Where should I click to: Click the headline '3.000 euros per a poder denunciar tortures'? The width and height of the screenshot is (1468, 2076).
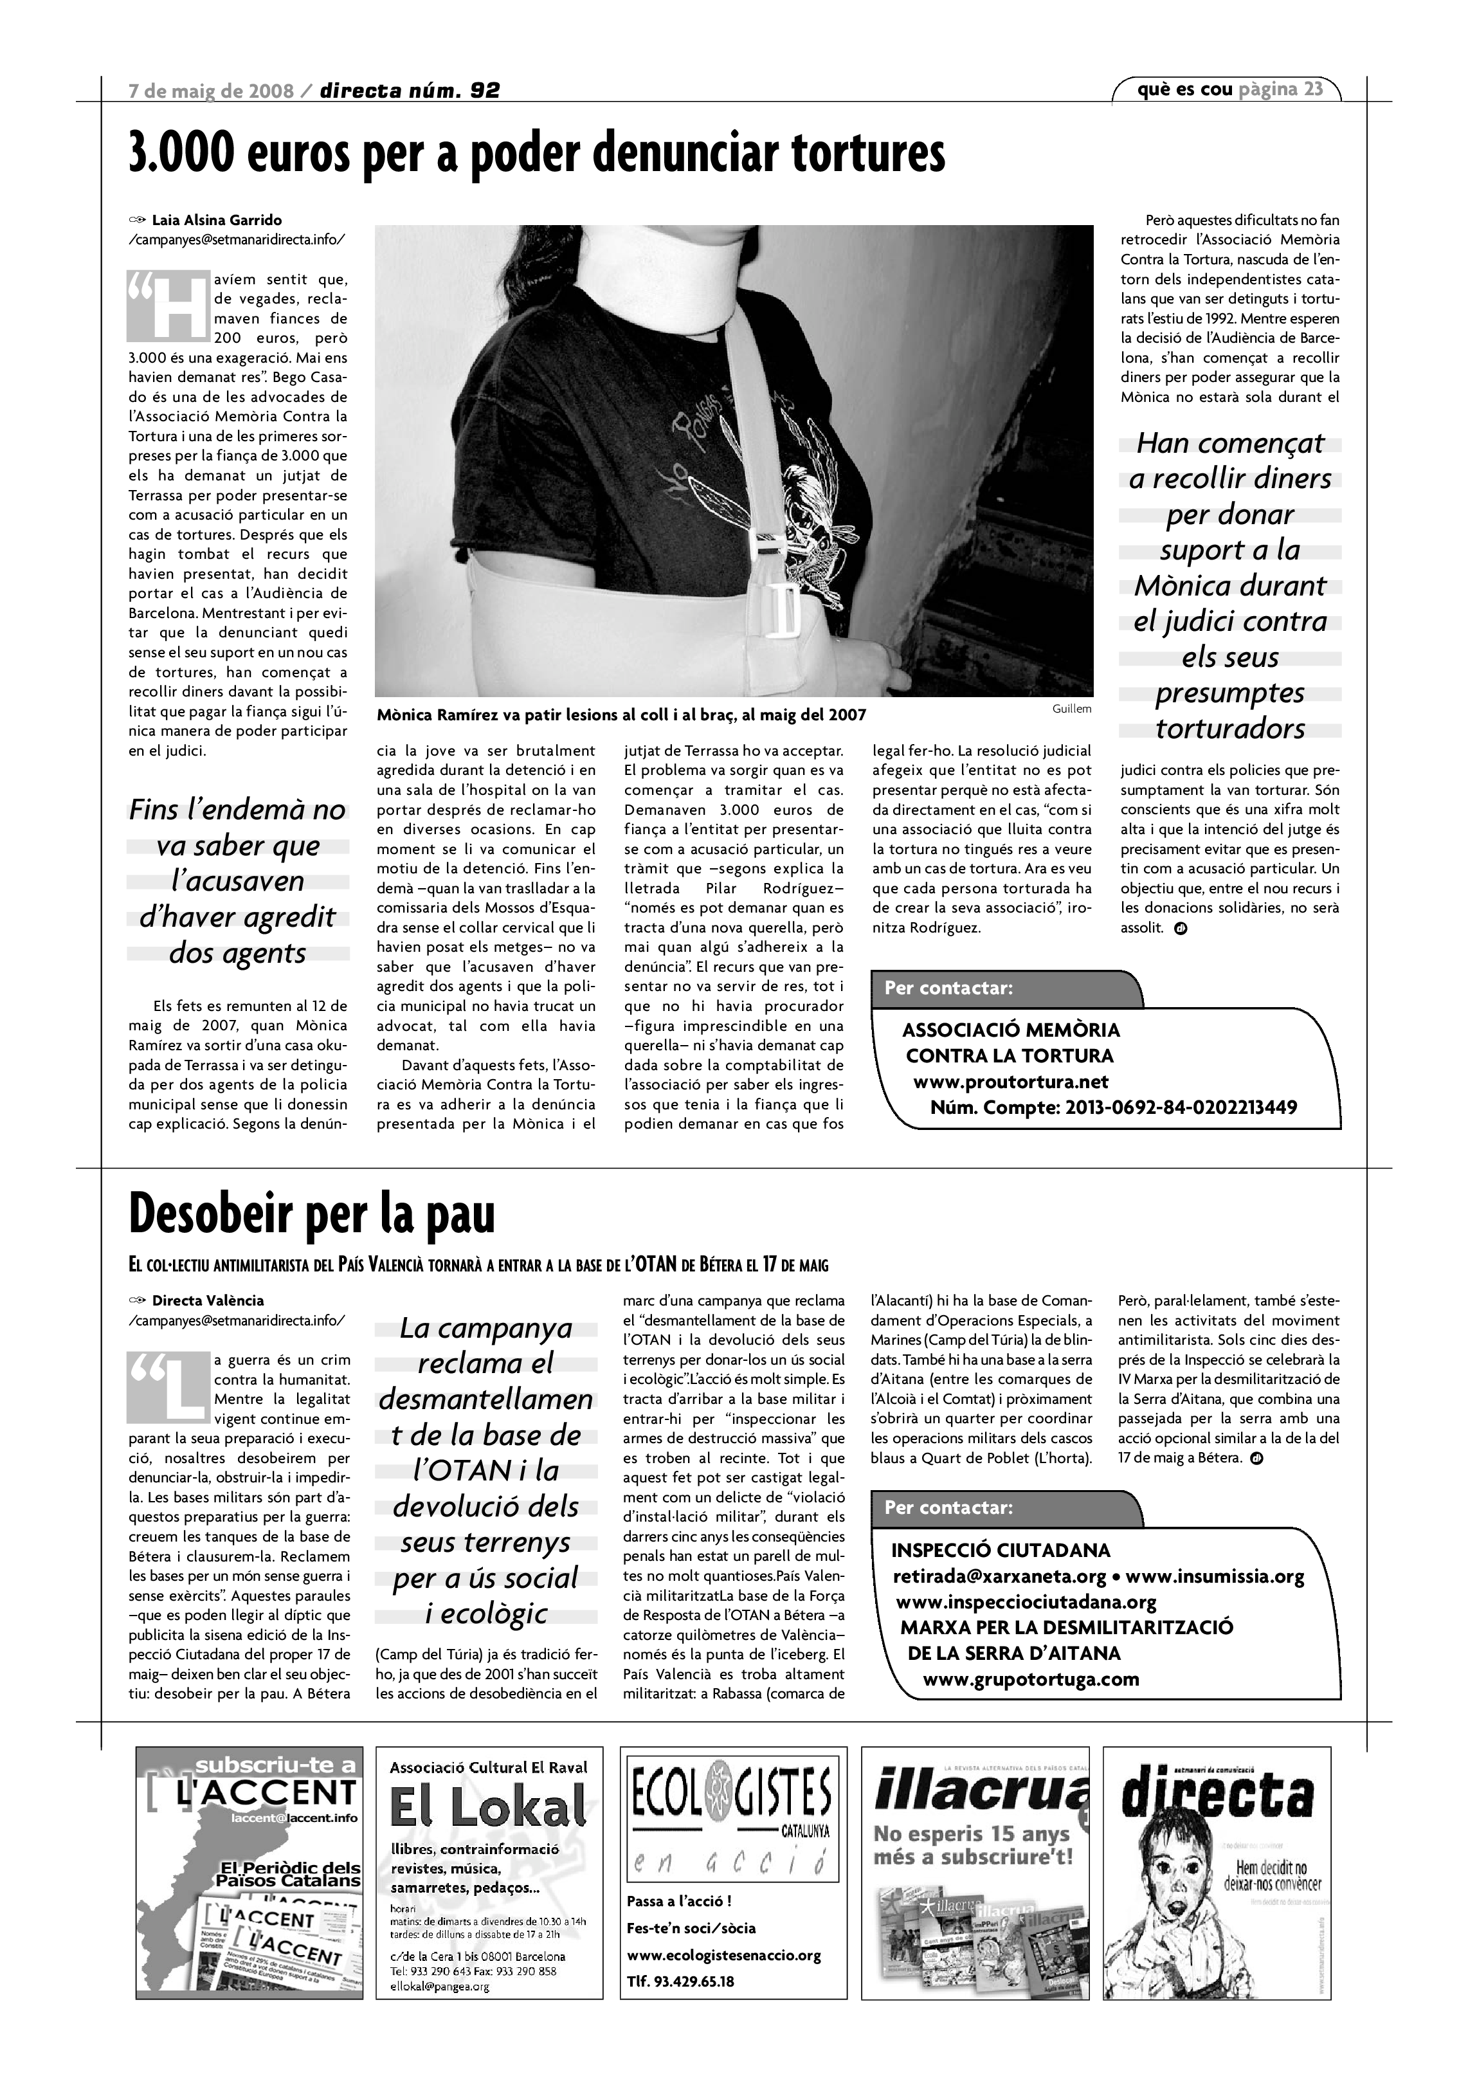coord(537,154)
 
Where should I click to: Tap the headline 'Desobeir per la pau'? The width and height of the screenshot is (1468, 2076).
coord(312,1214)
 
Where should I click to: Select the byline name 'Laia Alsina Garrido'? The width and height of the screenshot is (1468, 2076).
coord(217,220)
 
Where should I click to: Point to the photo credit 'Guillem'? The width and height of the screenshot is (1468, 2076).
coord(1071,709)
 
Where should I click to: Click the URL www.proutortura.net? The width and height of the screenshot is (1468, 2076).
coord(1011,1081)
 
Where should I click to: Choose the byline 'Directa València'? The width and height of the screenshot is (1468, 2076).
coord(208,1300)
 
